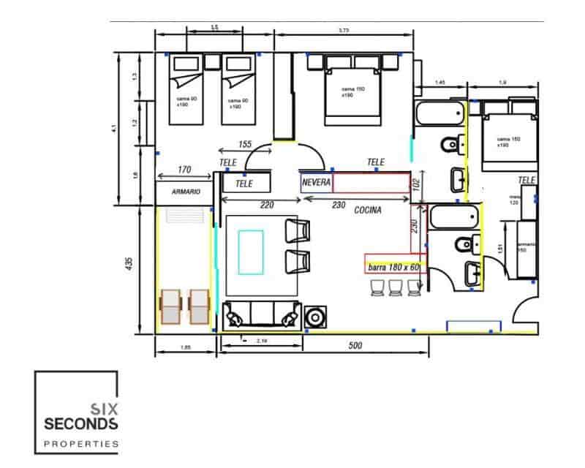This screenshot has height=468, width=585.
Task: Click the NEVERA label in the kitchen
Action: click(317, 181)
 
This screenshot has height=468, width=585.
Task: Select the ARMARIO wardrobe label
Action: click(186, 192)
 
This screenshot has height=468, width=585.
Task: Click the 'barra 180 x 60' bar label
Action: click(394, 268)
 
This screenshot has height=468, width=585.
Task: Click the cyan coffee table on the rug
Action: click(251, 251)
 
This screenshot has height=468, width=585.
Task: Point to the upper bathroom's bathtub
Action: click(439, 116)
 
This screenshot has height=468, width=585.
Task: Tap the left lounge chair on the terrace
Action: click(170, 306)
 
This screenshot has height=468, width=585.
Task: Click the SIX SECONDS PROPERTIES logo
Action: click(77, 412)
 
